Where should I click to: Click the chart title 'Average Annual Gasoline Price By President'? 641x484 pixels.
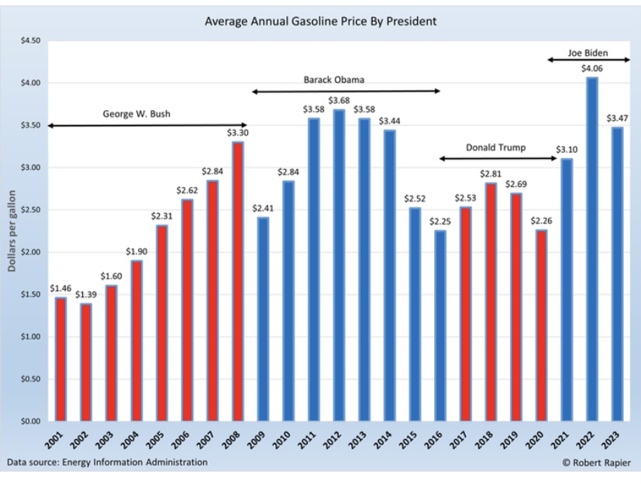(x=320, y=21)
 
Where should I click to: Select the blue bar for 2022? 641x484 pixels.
(x=591, y=248)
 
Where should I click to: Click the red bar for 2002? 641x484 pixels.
(x=85, y=361)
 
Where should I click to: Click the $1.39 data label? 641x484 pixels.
(x=85, y=295)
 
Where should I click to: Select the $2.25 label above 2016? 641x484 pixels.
(x=439, y=222)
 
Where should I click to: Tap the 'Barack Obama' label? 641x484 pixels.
(x=333, y=79)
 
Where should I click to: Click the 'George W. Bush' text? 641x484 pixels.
(x=136, y=114)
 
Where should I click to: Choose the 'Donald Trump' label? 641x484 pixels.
(x=495, y=147)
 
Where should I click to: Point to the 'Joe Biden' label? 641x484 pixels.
(x=588, y=54)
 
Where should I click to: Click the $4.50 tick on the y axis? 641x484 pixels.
(x=28, y=40)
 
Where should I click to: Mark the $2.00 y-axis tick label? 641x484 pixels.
(x=28, y=252)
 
